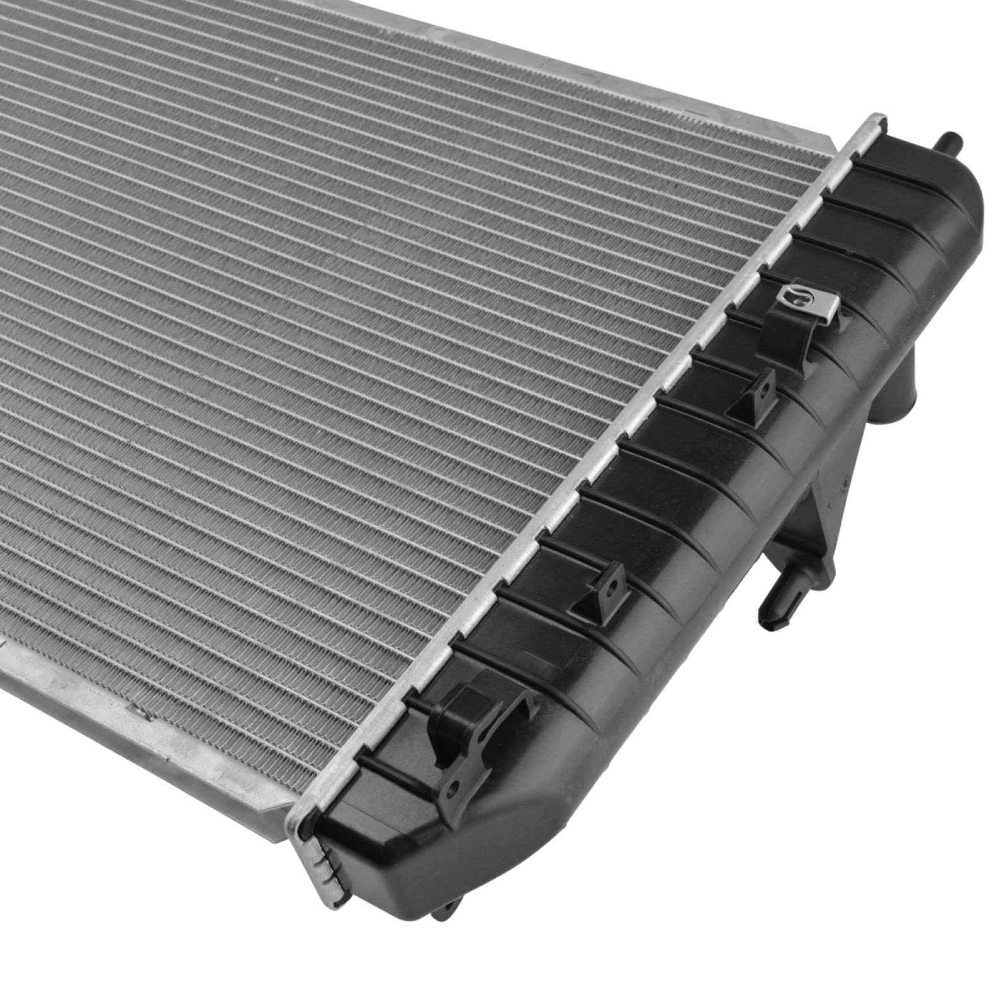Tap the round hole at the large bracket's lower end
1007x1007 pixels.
[453, 790]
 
